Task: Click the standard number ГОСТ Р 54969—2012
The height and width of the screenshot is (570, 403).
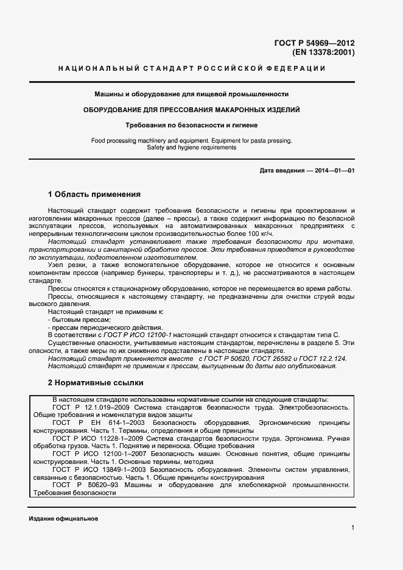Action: pyautogui.click(x=315, y=43)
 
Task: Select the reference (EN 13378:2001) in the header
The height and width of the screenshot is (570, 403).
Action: pyautogui.click(x=323, y=52)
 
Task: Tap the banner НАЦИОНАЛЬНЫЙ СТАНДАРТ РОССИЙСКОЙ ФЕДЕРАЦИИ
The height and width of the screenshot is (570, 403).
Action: pyautogui.click(x=191, y=68)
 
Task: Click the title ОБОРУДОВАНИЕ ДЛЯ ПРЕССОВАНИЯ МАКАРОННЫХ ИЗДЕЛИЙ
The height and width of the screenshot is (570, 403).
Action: pyautogui.click(x=191, y=110)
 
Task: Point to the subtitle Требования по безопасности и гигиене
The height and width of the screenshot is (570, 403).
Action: pyautogui.click(x=191, y=125)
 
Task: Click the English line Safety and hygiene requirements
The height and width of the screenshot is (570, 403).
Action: pyautogui.click(x=191, y=148)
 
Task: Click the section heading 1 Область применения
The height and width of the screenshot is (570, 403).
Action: pyautogui.click(x=94, y=194)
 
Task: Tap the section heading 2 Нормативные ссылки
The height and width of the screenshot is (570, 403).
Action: pyautogui.click(x=96, y=383)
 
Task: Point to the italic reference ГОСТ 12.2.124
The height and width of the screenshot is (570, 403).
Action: pyautogui.click(x=324, y=358)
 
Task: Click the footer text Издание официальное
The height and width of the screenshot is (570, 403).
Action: pyautogui.click(x=63, y=518)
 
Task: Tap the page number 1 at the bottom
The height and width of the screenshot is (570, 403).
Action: pyautogui.click(x=353, y=528)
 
